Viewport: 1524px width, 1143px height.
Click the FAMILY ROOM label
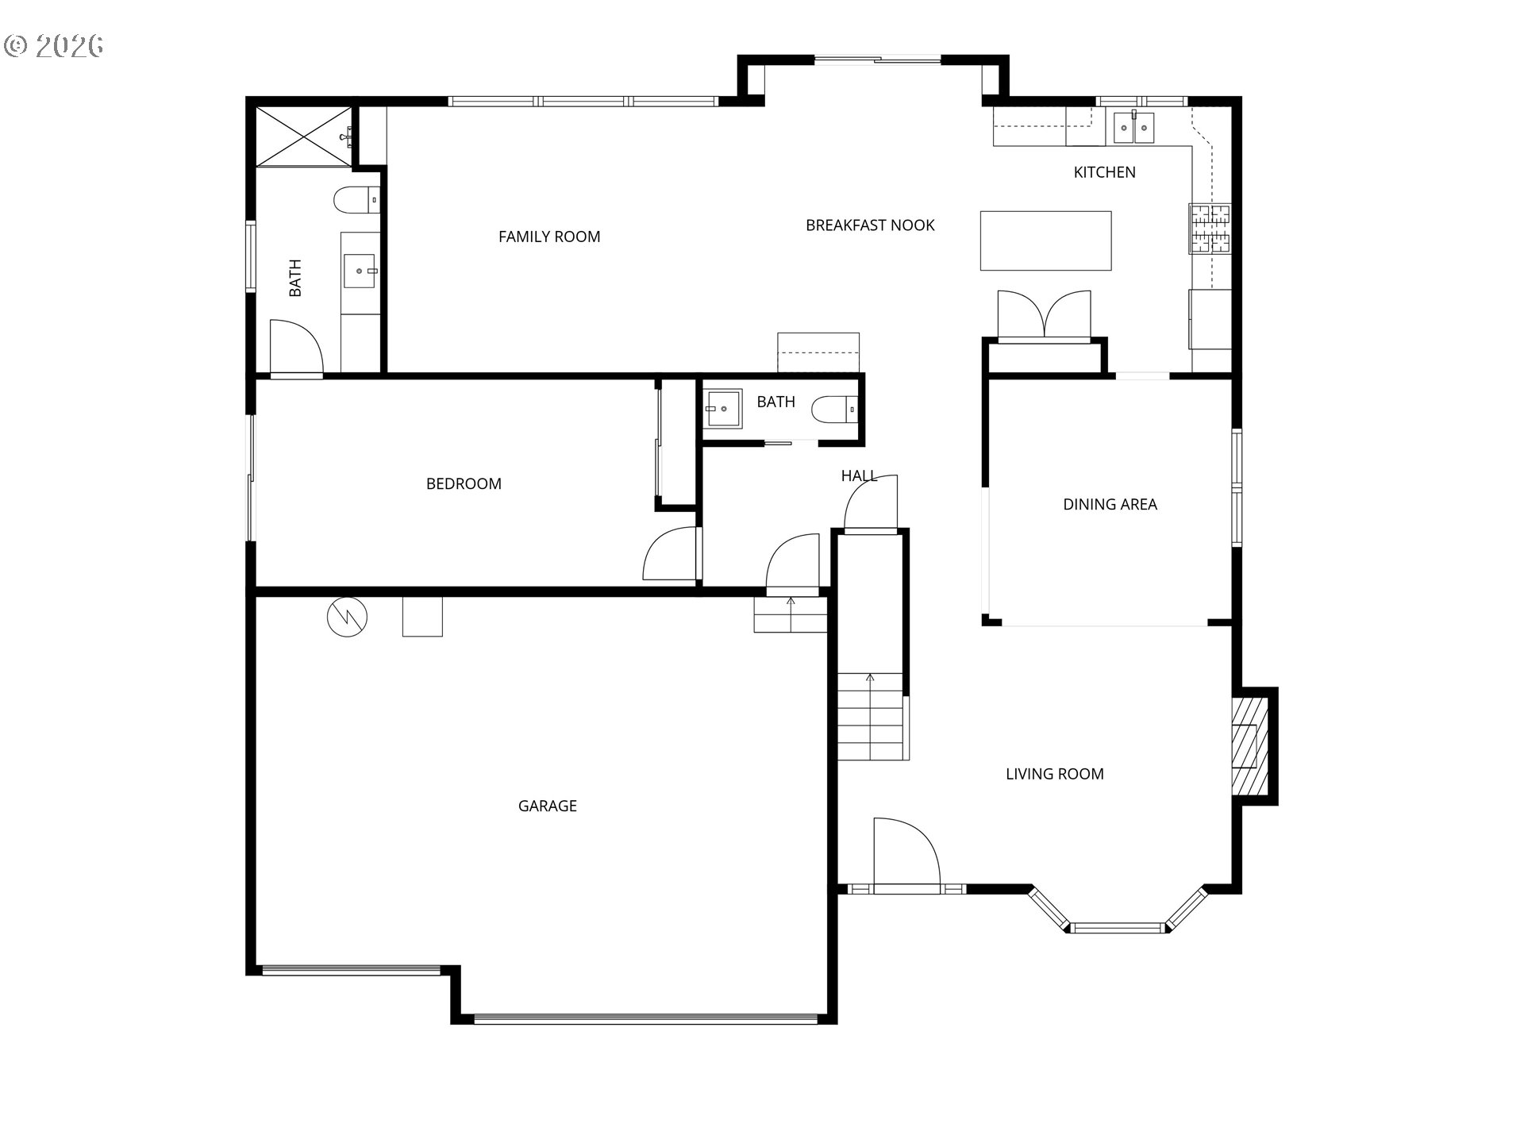549,237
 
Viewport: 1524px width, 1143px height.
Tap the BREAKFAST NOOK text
870,225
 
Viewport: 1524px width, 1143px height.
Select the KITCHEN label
1104,172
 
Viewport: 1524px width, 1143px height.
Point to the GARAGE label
547,806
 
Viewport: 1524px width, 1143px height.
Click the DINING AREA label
1110,504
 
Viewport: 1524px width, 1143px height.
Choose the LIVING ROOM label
1054,774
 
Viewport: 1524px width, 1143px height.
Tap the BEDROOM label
464,483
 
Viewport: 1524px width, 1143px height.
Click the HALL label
859,475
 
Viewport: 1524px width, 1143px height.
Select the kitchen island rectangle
1045,241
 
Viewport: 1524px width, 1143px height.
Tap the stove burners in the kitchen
1209,229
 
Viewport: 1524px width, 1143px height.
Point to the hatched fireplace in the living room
1245,746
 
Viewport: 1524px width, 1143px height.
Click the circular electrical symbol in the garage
348,617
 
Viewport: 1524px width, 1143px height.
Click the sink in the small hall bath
723,408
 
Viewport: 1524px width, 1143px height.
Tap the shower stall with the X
304,136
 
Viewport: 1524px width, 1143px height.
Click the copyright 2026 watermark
54,45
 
